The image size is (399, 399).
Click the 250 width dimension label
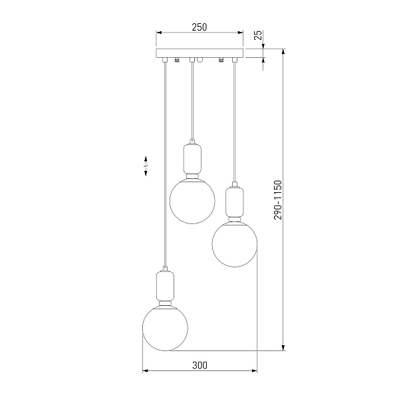coord(199,27)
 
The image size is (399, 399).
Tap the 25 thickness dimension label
coord(258,35)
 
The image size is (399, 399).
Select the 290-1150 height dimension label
coord(278,199)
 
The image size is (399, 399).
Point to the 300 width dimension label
coord(199,365)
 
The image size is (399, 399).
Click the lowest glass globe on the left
coord(165,329)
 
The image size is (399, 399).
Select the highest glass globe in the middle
coord(192,201)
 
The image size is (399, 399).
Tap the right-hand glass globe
coord(235,244)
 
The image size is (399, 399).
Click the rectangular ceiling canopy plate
coord(199,53)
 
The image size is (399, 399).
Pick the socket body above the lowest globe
coord(166,286)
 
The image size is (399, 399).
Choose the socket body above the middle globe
coord(192,159)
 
